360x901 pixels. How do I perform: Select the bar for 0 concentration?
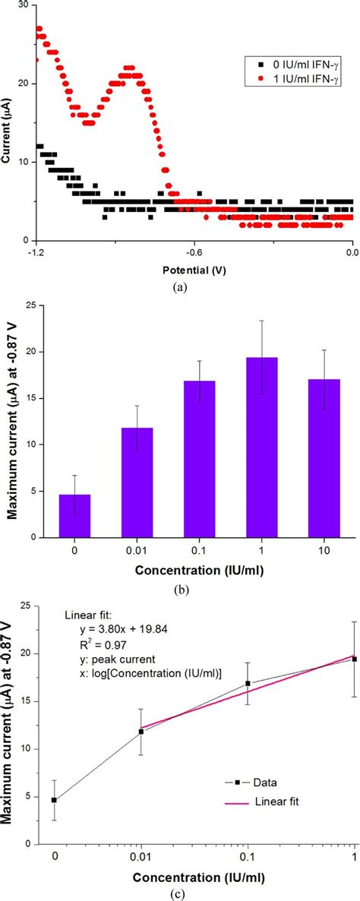[x=74, y=516]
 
